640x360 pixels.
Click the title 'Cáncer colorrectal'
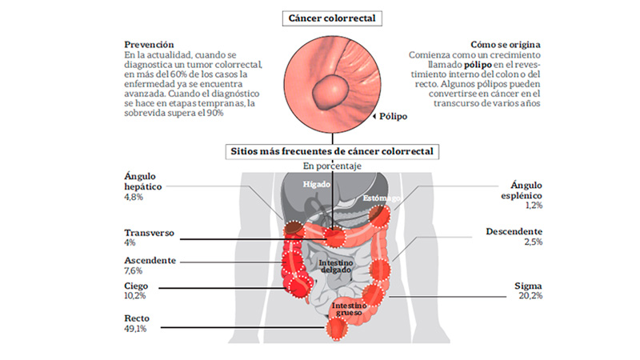click(332, 18)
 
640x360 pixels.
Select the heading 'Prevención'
click(149, 45)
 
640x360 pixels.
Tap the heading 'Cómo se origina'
click(506, 45)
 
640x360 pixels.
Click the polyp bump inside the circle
click(331, 92)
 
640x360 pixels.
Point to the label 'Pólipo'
click(393, 116)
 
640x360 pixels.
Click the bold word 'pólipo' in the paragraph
click(478, 65)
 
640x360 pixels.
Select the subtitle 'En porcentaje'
click(332, 166)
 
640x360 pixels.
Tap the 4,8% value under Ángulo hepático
click(134, 197)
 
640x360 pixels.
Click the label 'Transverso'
click(149, 233)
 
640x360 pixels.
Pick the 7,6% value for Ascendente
click(133, 270)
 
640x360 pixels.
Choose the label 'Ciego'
click(136, 286)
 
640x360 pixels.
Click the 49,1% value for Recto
click(135, 329)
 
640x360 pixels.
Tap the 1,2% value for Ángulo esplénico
click(534, 206)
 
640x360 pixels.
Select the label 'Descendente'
click(514, 231)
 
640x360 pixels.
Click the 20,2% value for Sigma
click(530, 295)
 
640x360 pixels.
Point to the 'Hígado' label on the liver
click(316, 185)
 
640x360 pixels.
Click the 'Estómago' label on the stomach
click(382, 198)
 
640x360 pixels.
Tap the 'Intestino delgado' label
click(335, 266)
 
